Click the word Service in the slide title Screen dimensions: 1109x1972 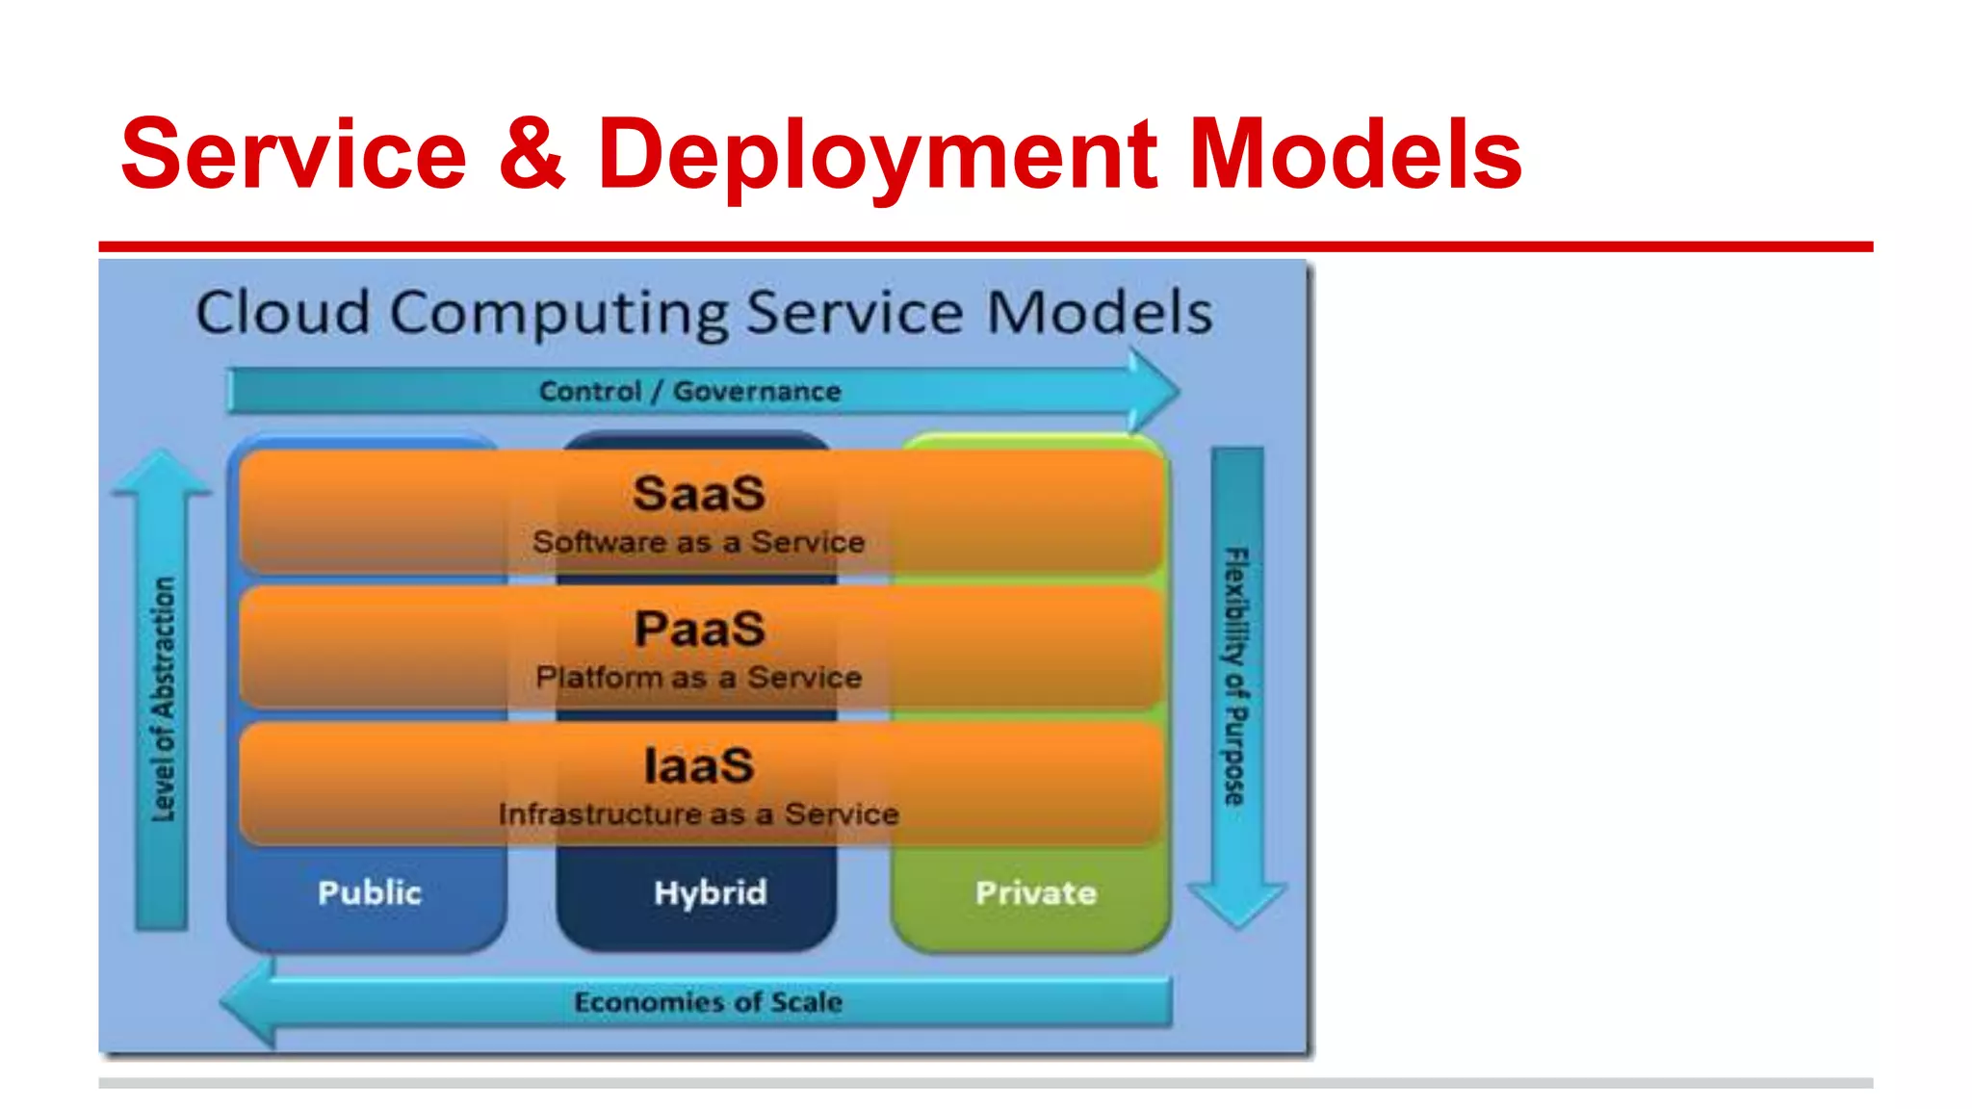click(294, 154)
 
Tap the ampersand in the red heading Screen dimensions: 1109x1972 click(532, 154)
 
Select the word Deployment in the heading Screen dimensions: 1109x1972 click(876, 154)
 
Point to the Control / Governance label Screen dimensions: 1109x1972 click(689, 391)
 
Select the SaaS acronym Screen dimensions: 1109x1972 click(699, 494)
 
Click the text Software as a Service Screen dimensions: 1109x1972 click(699, 542)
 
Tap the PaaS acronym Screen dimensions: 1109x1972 click(699, 630)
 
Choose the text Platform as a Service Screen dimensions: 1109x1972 click(699, 678)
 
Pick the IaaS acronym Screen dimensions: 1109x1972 click(699, 766)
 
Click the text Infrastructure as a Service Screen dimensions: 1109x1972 click(699, 814)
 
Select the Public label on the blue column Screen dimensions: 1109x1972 click(370, 892)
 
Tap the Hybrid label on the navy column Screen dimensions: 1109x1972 click(710, 892)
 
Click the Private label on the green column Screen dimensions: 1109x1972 click(1036, 892)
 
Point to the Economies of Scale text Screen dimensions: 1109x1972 click(708, 1002)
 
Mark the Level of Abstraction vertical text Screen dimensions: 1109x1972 click(164, 699)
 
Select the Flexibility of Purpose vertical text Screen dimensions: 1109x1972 click(1235, 676)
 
